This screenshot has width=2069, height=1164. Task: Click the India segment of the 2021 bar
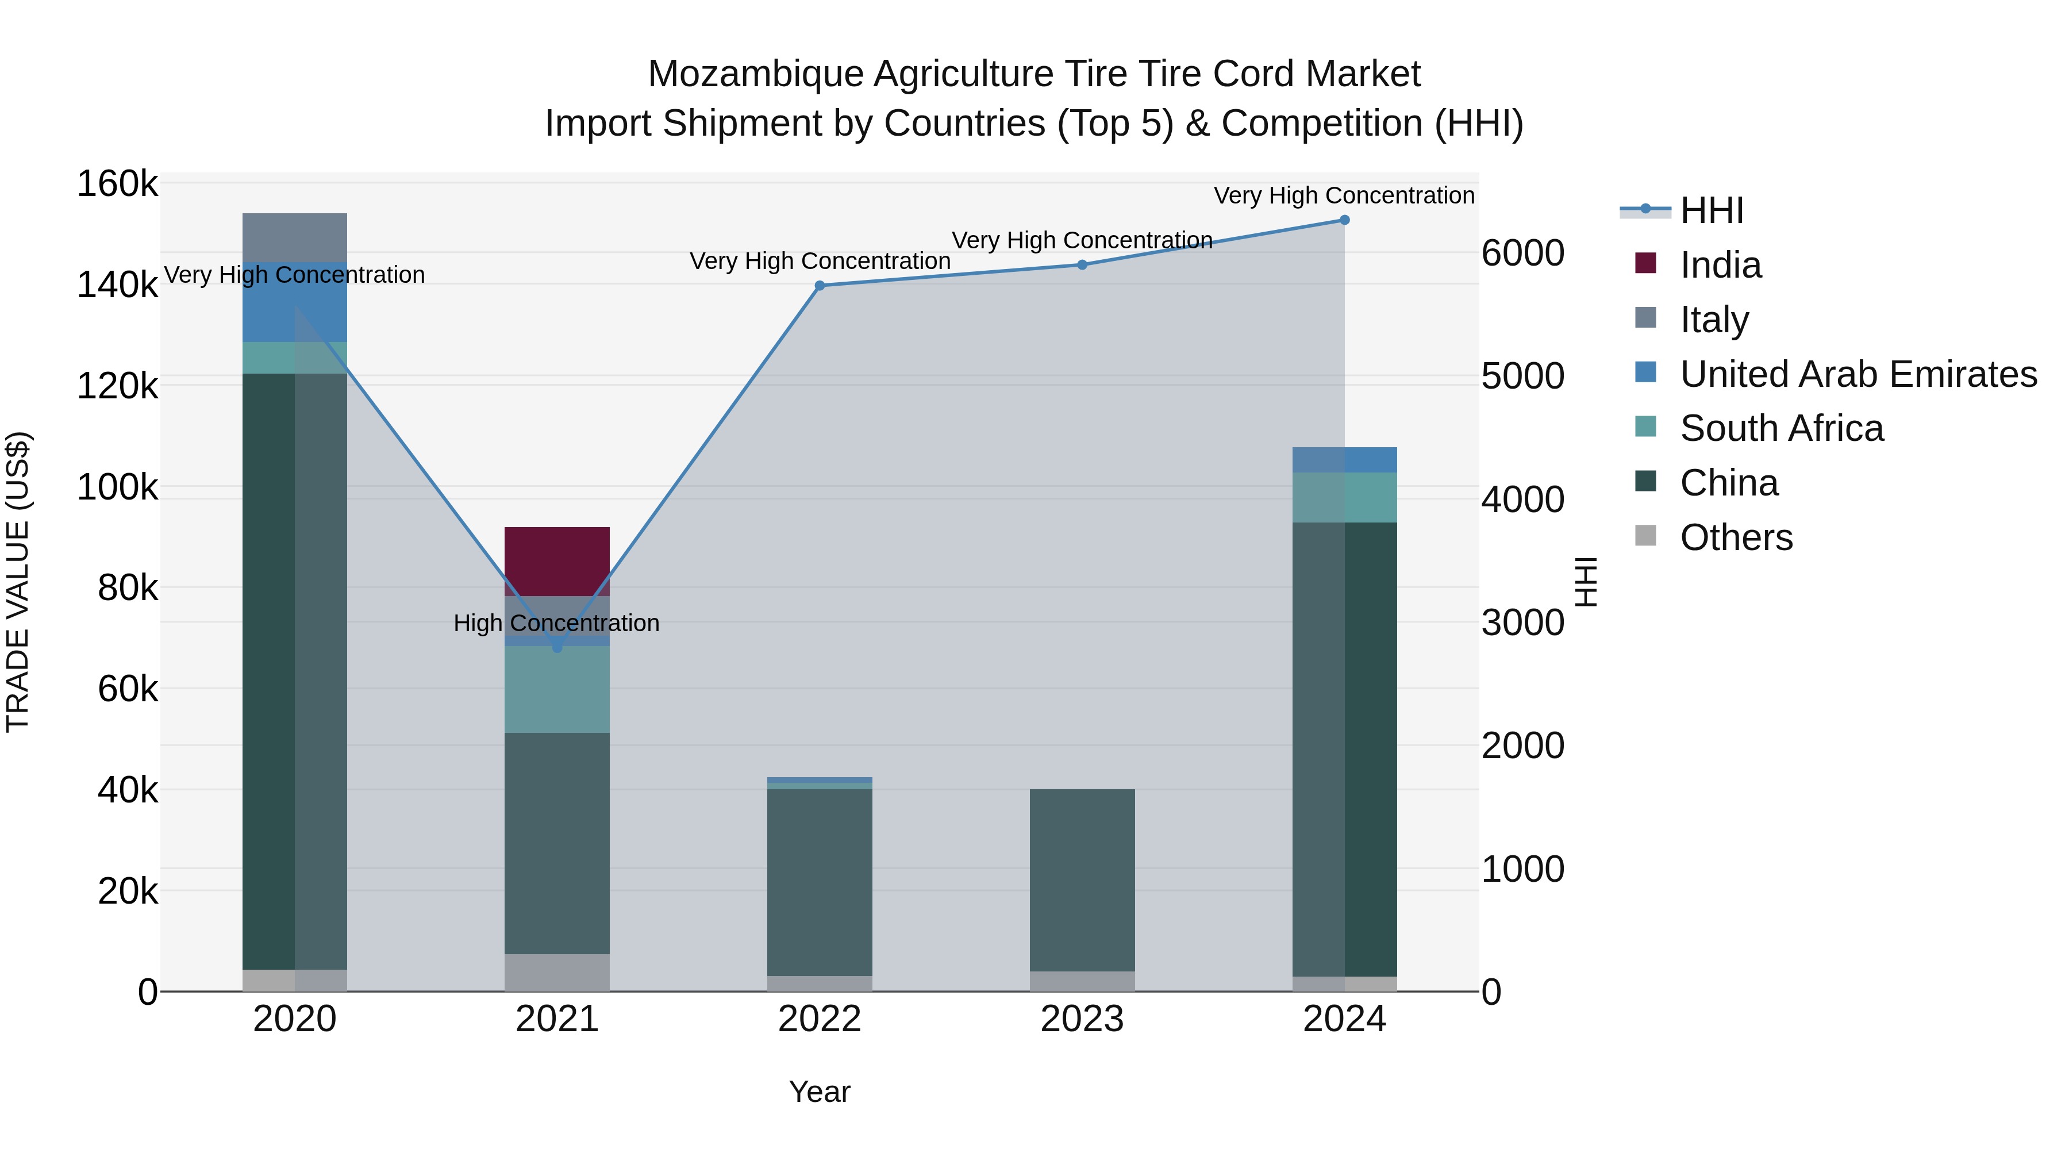(x=556, y=560)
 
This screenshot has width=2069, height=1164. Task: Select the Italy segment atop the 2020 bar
(x=295, y=237)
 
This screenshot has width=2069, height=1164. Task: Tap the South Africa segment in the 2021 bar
(x=556, y=689)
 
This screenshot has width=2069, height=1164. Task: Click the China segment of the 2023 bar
(x=1082, y=879)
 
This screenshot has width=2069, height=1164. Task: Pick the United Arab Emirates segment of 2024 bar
(x=1344, y=459)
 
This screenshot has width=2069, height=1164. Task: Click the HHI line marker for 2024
(x=1344, y=220)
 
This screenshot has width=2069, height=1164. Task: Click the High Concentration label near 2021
(x=556, y=623)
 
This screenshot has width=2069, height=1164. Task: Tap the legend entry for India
(x=1720, y=265)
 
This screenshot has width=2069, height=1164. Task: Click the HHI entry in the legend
(x=1711, y=210)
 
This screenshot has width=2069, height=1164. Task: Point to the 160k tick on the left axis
(x=117, y=184)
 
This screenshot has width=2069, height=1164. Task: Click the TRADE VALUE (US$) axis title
(x=18, y=582)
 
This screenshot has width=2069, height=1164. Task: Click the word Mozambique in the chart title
(x=755, y=74)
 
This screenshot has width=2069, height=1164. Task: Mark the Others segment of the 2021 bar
(x=556, y=972)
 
